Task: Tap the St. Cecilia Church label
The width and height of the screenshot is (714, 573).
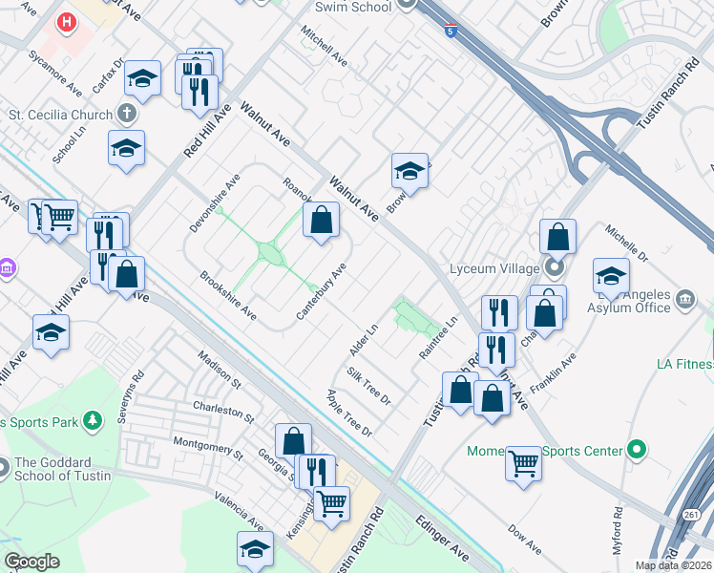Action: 60,115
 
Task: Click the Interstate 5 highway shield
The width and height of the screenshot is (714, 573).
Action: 451,32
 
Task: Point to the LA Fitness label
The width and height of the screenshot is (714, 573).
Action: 684,364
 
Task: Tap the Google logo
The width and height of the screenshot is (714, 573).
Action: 32,562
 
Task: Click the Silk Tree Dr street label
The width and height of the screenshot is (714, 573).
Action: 368,385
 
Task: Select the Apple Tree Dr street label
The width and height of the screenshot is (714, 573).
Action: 348,414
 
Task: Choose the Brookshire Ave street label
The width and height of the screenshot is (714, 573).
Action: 228,295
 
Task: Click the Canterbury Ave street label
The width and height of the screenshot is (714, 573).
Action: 321,286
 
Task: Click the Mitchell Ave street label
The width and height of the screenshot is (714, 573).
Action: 325,46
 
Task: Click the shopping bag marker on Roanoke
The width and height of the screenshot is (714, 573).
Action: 322,221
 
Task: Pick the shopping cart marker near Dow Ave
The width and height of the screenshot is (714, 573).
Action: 523,464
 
